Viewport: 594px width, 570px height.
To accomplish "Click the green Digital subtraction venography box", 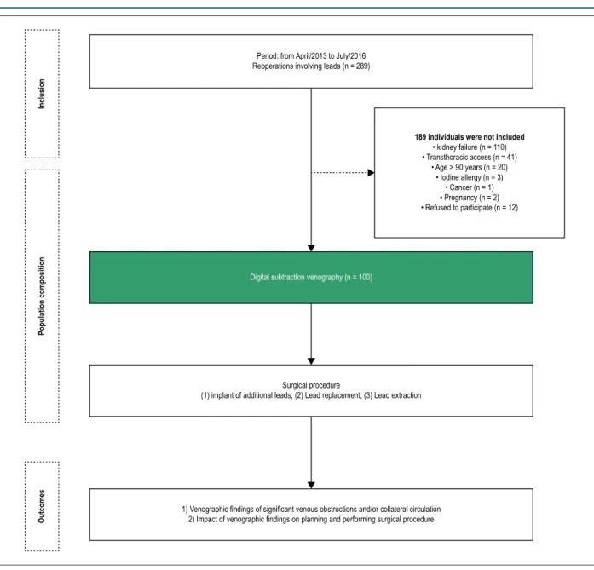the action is pos(311,278).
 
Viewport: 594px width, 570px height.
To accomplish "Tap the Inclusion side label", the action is pos(42,94).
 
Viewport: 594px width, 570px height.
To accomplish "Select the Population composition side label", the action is pos(42,297).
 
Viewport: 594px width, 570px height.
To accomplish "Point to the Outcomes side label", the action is pos(42,506).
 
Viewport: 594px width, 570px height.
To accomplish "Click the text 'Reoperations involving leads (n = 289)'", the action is pos(311,66).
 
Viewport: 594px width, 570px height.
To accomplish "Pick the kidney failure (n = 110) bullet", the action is pos(470,147).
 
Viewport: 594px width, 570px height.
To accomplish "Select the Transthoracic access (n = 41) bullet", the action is pos(470,157).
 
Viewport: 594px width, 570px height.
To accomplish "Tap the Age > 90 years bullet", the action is pos(470,167).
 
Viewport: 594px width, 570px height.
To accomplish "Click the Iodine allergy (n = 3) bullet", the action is pos(470,177).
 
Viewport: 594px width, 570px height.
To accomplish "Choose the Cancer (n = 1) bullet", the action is pos(470,187).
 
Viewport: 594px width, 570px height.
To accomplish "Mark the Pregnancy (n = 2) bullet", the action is pos(470,198).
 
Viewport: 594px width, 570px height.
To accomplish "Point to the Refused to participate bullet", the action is pos(470,208).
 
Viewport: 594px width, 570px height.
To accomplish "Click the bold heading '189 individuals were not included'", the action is pos(470,137).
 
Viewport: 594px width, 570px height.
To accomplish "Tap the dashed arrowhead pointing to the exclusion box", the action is pos(371,173).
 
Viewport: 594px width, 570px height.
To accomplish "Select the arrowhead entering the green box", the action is pos(311,249).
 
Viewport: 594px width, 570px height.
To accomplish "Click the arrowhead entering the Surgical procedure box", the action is pos(311,361).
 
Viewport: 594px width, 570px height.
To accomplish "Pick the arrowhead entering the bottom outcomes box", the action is pos(311,485).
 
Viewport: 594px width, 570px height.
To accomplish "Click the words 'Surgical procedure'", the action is pos(311,385).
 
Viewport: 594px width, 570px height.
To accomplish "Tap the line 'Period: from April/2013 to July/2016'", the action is pos(311,56).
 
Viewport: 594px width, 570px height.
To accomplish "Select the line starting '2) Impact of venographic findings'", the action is pos(311,519).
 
